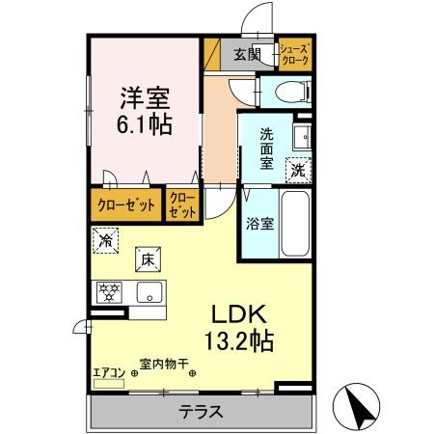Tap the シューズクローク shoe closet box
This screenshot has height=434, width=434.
point(294,55)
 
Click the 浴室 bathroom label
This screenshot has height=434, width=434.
point(258,223)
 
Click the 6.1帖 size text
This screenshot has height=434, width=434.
point(145,124)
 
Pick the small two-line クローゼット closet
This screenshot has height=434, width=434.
point(182,205)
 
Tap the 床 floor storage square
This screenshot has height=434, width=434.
point(147,258)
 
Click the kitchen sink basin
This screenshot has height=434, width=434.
point(149,293)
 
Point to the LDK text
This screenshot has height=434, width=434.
point(238,314)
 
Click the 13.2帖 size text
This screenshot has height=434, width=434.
point(238,340)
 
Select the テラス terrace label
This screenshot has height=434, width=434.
point(202,412)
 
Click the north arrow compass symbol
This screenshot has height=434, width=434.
point(357,407)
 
